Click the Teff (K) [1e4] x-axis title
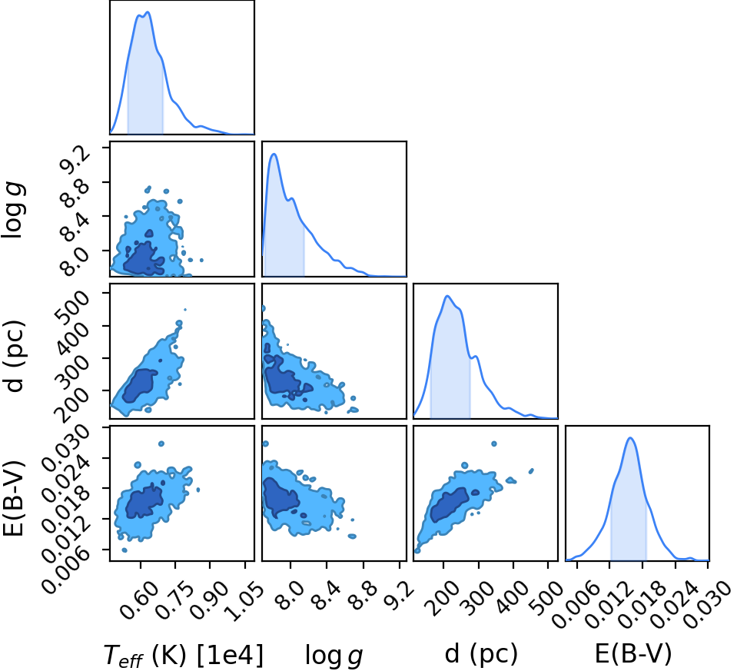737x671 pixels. pyautogui.click(x=184, y=655)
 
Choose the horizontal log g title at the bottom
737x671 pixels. pyautogui.click(x=334, y=656)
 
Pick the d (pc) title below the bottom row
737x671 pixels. pyautogui.click(x=480, y=653)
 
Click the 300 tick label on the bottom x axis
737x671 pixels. pyautogui.click(x=479, y=597)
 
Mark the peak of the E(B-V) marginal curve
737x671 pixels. pyautogui.click(x=630, y=438)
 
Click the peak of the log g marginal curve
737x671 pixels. pyautogui.click(x=274, y=154)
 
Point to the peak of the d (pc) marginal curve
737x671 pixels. pyautogui.click(x=447, y=296)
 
